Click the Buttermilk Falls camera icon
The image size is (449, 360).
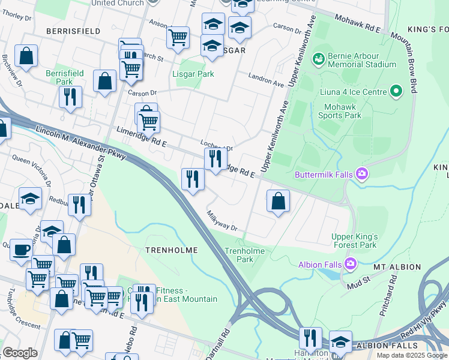click(362, 175)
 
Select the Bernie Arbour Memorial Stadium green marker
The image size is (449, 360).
click(318, 59)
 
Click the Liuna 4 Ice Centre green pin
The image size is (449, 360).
click(396, 91)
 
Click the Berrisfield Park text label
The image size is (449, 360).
click(65, 77)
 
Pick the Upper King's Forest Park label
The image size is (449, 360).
click(354, 241)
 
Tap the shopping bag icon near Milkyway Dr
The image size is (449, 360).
click(278, 201)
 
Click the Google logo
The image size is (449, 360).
click(20, 353)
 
